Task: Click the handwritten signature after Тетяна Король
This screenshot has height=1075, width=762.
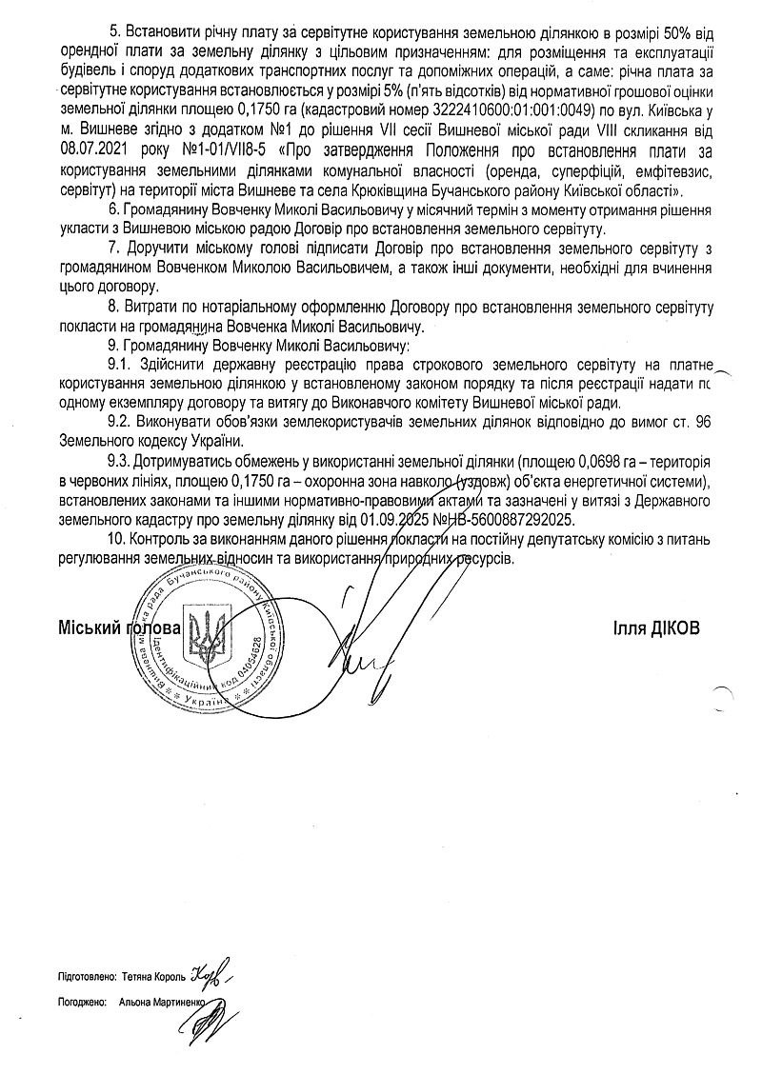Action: click(211, 975)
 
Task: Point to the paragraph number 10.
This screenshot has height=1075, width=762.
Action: click(117, 541)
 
